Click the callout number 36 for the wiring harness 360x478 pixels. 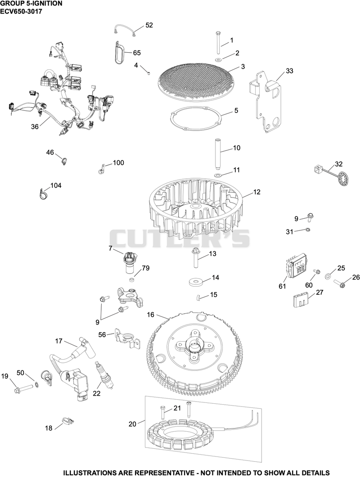click(35, 126)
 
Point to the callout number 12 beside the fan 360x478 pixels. click(256, 192)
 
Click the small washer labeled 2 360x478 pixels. click(219, 59)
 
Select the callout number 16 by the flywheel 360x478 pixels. click(151, 315)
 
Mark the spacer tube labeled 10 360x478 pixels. click(218, 154)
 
